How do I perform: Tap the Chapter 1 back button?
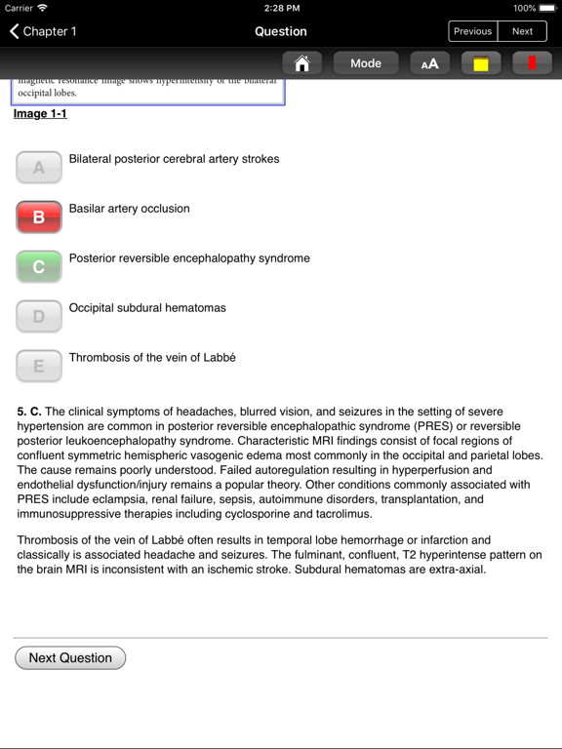43,31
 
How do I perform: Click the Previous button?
472,31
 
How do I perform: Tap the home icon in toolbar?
301,63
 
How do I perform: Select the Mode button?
366,63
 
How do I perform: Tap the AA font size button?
429,63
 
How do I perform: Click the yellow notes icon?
481,63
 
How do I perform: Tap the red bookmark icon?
532,63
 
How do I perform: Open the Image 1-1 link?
40,114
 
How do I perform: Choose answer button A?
39,167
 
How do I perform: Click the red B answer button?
39,217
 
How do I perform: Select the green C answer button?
39,266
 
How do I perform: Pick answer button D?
39,316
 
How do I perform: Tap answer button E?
39,366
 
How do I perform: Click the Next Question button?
70,658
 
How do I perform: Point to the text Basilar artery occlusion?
129,209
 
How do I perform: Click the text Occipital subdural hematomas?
146,308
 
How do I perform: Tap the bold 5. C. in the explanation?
29,413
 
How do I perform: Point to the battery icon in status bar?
546,8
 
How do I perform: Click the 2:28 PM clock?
281,8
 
